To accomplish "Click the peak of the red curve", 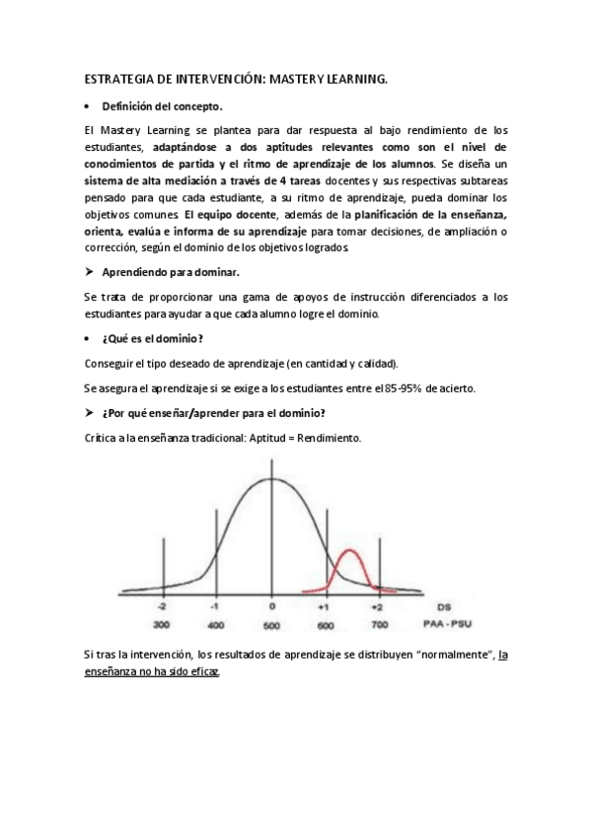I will tap(349, 550).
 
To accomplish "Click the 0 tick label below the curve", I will tap(271, 607).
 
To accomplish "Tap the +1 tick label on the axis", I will tap(323, 607).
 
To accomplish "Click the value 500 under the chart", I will tap(270, 625).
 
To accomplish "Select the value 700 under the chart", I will tap(376, 625).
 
